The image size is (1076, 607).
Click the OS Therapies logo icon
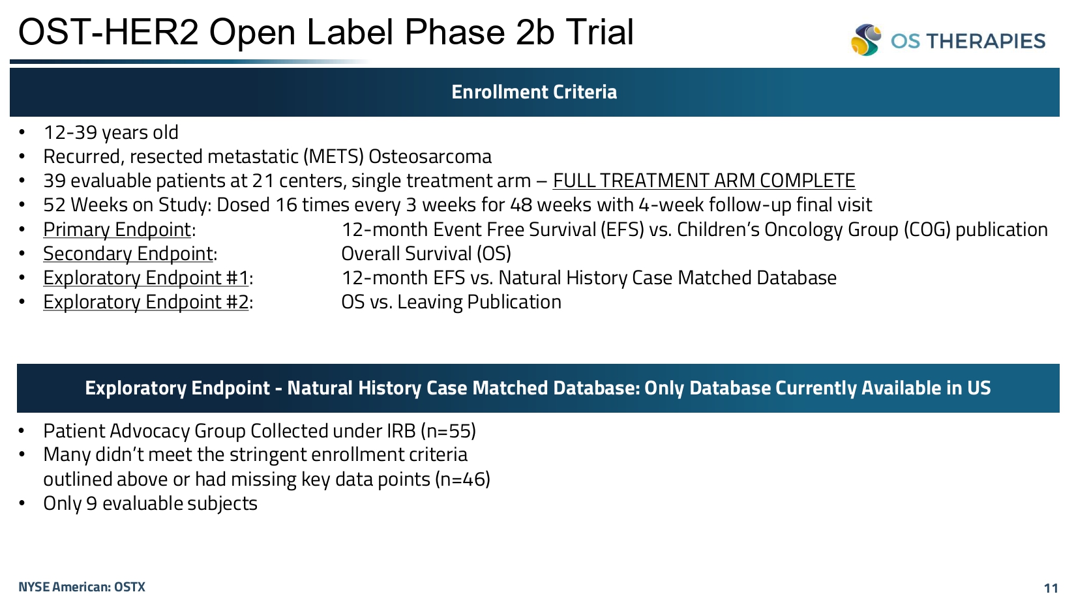(866, 40)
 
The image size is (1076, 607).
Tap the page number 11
(1051, 588)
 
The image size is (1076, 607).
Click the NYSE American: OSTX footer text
(82, 587)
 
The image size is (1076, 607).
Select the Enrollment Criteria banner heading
(534, 92)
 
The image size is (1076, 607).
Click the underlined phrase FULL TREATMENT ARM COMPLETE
(704, 181)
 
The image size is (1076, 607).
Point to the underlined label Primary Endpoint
(117, 229)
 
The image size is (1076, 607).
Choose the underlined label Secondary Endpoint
(128, 254)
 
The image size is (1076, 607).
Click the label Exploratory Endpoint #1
(146, 278)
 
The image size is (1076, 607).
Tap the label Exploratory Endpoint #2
(146, 302)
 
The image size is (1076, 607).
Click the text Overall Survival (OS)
(426, 254)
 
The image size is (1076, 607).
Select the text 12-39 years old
(111, 132)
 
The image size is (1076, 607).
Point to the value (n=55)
(448, 431)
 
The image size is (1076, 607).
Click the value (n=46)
(462, 479)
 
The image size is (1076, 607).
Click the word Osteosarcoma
(430, 156)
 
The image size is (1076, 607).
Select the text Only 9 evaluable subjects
(151, 503)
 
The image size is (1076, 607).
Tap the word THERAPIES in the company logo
(986, 41)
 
